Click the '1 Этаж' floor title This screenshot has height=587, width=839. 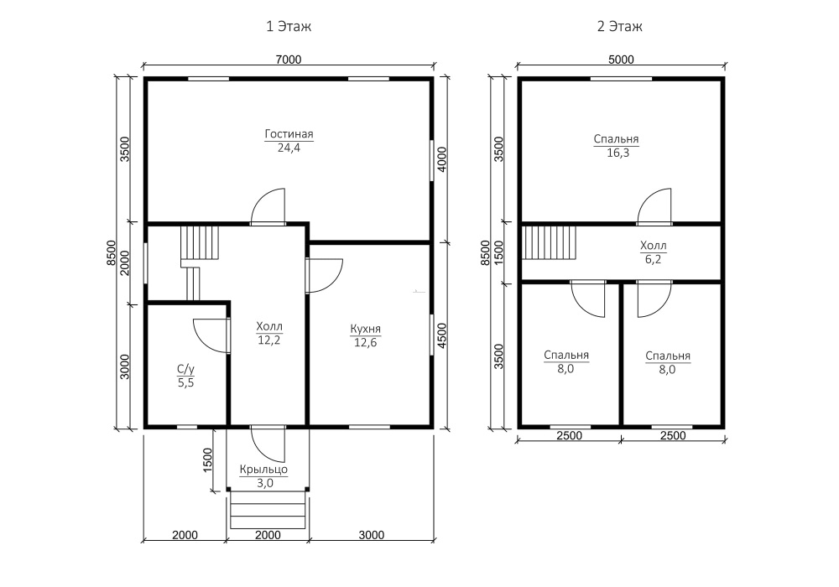[x=289, y=26]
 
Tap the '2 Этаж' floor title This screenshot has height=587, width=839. [x=620, y=26]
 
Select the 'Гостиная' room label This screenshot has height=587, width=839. [x=289, y=134]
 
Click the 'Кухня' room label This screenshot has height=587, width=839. [x=366, y=329]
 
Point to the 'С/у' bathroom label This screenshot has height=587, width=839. [x=185, y=370]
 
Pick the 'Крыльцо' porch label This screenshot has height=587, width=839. [x=263, y=470]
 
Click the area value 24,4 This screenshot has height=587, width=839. [x=289, y=148]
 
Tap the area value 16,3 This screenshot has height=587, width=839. [x=618, y=153]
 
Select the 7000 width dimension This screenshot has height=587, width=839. [x=289, y=60]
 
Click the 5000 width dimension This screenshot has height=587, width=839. [x=621, y=60]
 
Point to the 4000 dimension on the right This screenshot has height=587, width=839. [x=442, y=159]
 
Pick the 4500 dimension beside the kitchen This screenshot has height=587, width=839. [x=442, y=335]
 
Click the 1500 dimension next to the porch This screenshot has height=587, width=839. [x=207, y=460]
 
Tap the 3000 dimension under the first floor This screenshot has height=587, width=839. [x=372, y=535]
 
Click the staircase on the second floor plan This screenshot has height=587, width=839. [x=549, y=242]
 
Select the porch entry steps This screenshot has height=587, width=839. [x=268, y=511]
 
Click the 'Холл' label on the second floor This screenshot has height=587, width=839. [x=654, y=246]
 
